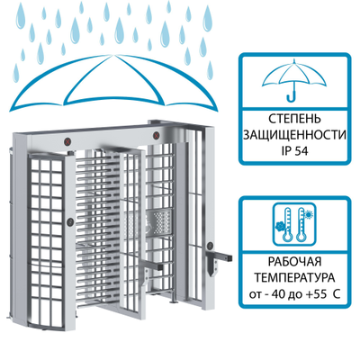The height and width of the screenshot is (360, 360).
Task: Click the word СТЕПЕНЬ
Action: (x=294, y=119)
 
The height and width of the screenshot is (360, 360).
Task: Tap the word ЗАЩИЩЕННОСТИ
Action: (x=294, y=135)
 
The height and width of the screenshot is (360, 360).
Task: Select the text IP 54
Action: (x=294, y=151)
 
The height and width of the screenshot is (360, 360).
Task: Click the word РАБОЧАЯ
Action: (x=294, y=262)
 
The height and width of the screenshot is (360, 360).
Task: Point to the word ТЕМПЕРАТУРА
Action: (x=294, y=278)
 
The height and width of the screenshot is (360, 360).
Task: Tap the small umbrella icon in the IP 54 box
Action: (x=294, y=80)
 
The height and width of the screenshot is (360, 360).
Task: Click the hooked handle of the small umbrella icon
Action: (x=292, y=96)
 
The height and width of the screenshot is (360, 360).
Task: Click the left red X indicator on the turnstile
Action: (x=69, y=140)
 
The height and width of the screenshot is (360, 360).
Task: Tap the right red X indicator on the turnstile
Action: (x=157, y=135)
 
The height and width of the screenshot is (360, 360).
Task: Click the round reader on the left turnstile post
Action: (x=70, y=221)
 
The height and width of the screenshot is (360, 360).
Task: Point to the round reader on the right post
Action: (x=211, y=246)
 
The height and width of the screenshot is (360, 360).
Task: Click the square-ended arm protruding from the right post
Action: (x=223, y=256)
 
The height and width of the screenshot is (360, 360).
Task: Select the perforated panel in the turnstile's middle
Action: (x=159, y=222)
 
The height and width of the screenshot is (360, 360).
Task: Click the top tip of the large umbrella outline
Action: (x=114, y=55)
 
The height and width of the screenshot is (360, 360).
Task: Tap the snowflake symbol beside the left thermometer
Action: (x=280, y=226)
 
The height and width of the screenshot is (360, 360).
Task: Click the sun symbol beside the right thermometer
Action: (x=308, y=214)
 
